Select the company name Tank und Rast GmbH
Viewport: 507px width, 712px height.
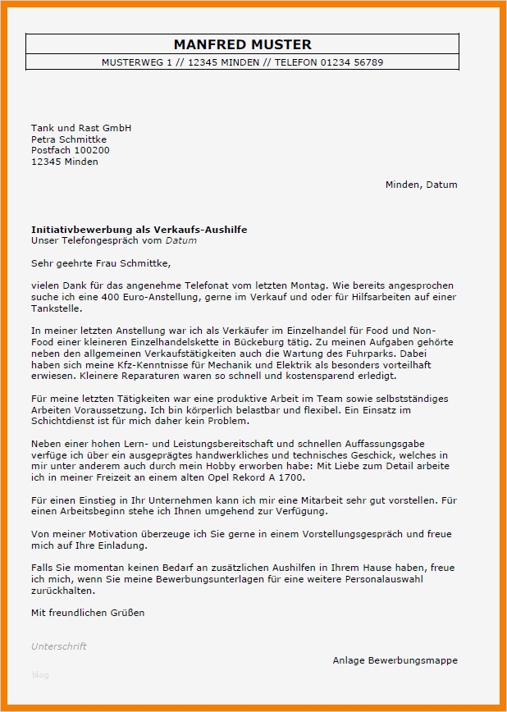(81, 128)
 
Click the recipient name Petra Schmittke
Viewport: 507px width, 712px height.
(69, 139)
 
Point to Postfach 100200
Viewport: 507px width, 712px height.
(70, 150)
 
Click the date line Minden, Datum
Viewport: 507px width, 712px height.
(421, 185)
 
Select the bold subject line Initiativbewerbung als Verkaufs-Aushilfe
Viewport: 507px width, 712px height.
(139, 230)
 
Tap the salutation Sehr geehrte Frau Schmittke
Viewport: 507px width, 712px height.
(101, 263)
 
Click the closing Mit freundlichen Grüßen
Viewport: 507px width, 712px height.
(88, 613)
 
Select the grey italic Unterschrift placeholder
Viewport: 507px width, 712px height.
(58, 646)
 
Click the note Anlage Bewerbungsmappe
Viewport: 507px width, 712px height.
(395, 660)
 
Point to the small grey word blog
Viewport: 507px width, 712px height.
(40, 675)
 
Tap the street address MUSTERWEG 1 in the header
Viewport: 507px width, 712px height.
(135, 62)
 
